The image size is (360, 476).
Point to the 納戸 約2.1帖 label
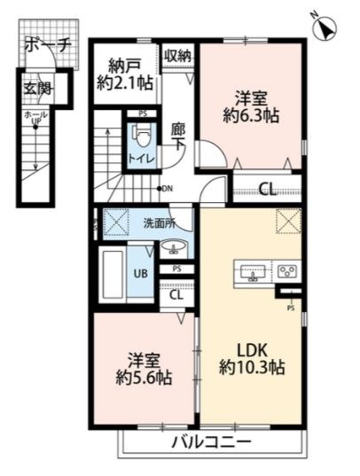(126, 73)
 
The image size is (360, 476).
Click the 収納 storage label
(176, 56)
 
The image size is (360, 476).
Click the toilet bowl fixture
(142, 136)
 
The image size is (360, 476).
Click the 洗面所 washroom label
(160, 222)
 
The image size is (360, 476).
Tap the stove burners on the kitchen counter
(286, 270)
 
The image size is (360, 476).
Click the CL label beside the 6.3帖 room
(266, 188)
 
